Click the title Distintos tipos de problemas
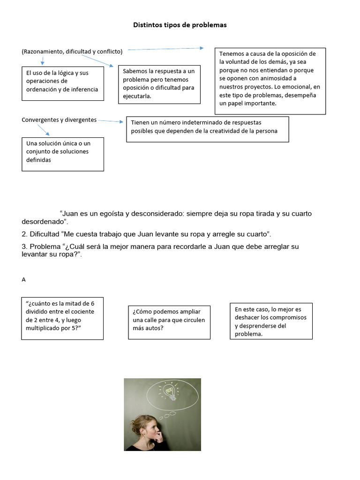pos(180,25)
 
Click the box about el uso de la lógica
pos(63,83)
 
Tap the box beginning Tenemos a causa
pos(270,81)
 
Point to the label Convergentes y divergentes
pos(59,120)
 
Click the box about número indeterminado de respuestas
pos(207,129)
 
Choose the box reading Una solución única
pos(63,154)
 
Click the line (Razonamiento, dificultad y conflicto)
pos(72,52)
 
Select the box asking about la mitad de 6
pos(62,318)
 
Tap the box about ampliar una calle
pos(169,322)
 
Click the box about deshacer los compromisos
pos(271,321)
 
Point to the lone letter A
pos(24,280)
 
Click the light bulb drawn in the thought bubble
pos(171,392)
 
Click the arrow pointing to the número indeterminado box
pos(112,121)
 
